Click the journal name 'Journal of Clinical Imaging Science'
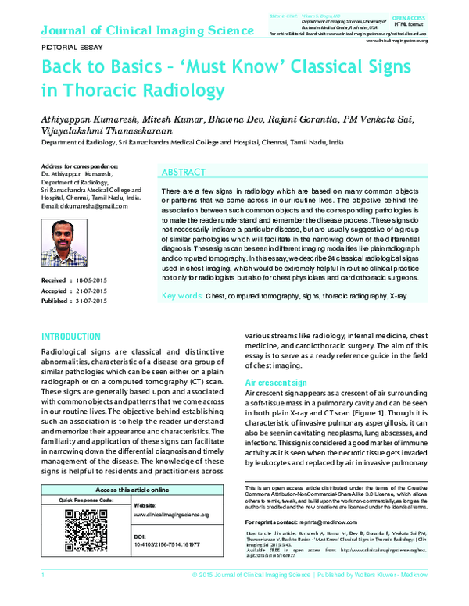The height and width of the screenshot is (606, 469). click(x=146, y=30)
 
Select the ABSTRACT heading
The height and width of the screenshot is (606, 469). click(x=183, y=172)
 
